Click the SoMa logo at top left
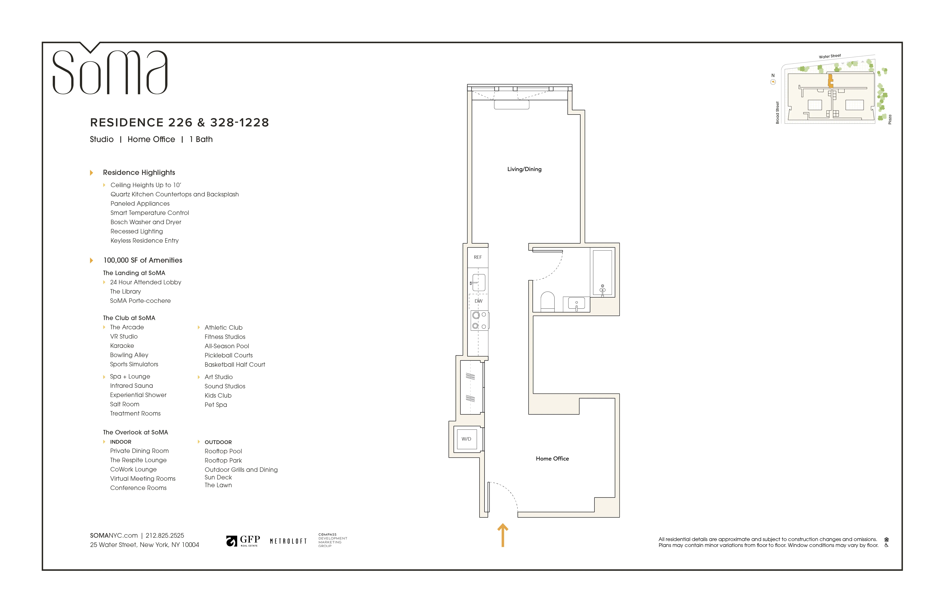tap(110, 71)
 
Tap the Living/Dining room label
tap(524, 169)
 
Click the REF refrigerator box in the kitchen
tap(478, 257)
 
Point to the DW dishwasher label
tap(479, 301)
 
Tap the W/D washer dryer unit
tap(466, 439)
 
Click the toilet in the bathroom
tap(548, 302)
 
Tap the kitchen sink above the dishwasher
tap(479, 282)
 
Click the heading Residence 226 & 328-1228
tap(180, 123)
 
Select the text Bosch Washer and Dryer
tap(146, 222)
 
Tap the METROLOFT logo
tap(288, 541)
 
